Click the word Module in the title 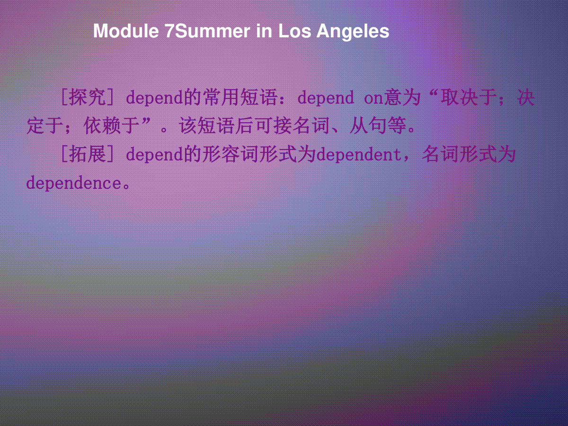click(x=126, y=31)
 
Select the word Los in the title click(x=294, y=31)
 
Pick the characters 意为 click(x=402, y=98)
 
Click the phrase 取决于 click(x=469, y=98)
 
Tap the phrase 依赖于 click(x=112, y=126)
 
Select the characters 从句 click(x=368, y=126)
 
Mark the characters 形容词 click(x=231, y=154)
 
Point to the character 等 click(x=397, y=126)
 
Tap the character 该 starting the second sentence click(x=188, y=126)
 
